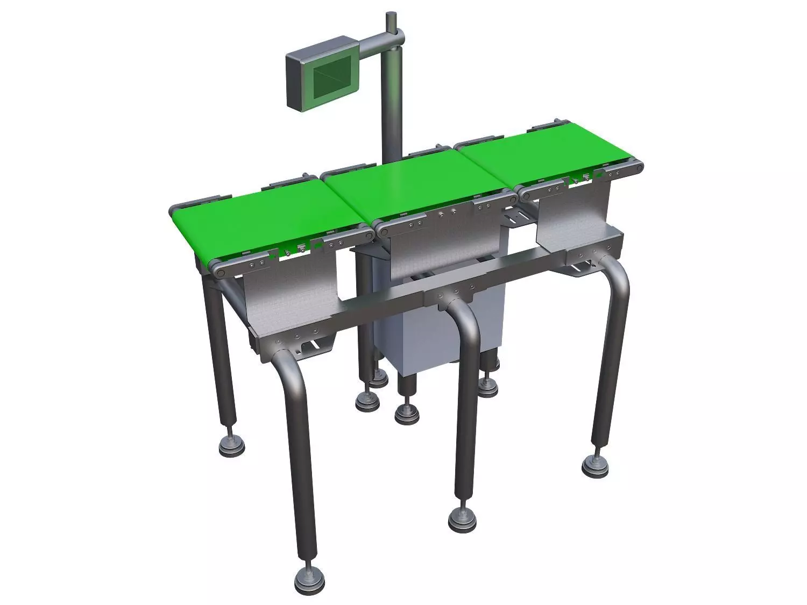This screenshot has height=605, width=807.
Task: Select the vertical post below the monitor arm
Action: [x=391, y=108]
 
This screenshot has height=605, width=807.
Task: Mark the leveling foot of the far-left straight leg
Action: [x=231, y=443]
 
